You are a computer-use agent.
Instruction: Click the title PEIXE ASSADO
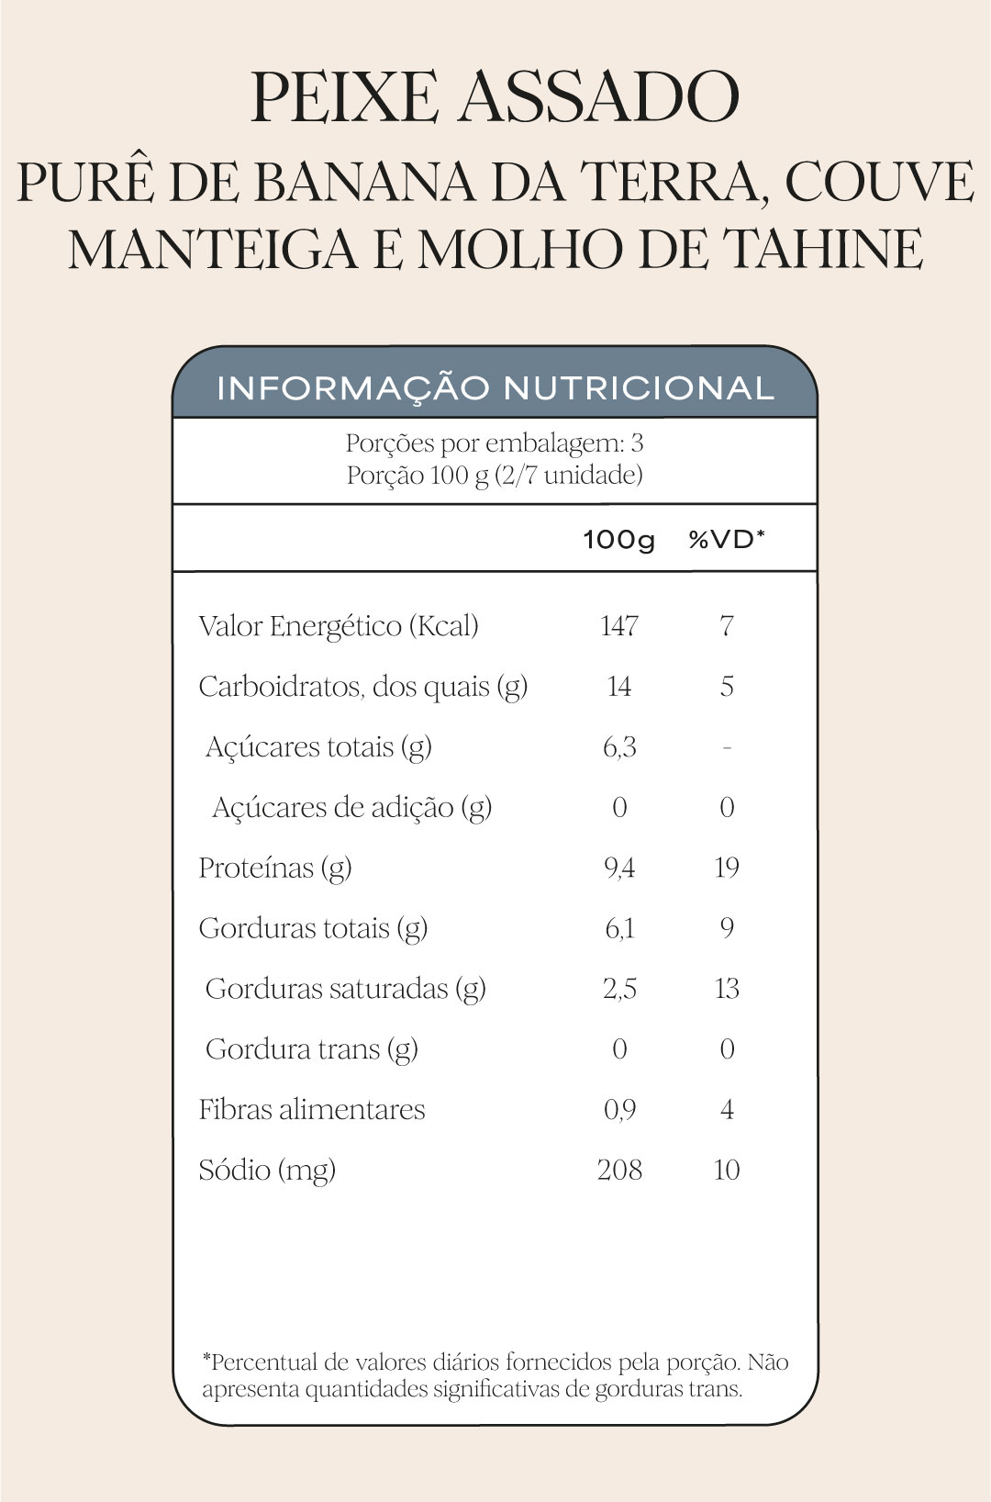[495, 97]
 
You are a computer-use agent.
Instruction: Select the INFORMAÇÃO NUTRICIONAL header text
[495, 388]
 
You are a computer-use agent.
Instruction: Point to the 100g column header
[619, 539]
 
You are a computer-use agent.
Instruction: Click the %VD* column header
[727, 539]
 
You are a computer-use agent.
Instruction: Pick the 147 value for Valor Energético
[619, 626]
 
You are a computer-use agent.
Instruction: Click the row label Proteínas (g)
[275, 868]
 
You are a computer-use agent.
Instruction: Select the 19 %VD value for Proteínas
[727, 868]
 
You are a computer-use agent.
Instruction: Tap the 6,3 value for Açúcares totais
[619, 747]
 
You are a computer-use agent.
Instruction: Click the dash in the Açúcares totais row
[727, 747]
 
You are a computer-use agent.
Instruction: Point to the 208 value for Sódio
[619, 1170]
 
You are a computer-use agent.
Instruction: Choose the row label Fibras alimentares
[312, 1109]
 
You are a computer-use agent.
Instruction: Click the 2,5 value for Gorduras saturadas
[619, 989]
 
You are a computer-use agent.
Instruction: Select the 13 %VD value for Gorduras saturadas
[727, 989]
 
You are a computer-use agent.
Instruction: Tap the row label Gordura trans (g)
[312, 1048]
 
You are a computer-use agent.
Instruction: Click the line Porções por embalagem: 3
[495, 443]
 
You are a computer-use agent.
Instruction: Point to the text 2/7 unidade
[571, 475]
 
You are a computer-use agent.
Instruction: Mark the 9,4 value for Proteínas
[619, 868]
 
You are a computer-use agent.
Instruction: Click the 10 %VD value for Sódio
[727, 1170]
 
